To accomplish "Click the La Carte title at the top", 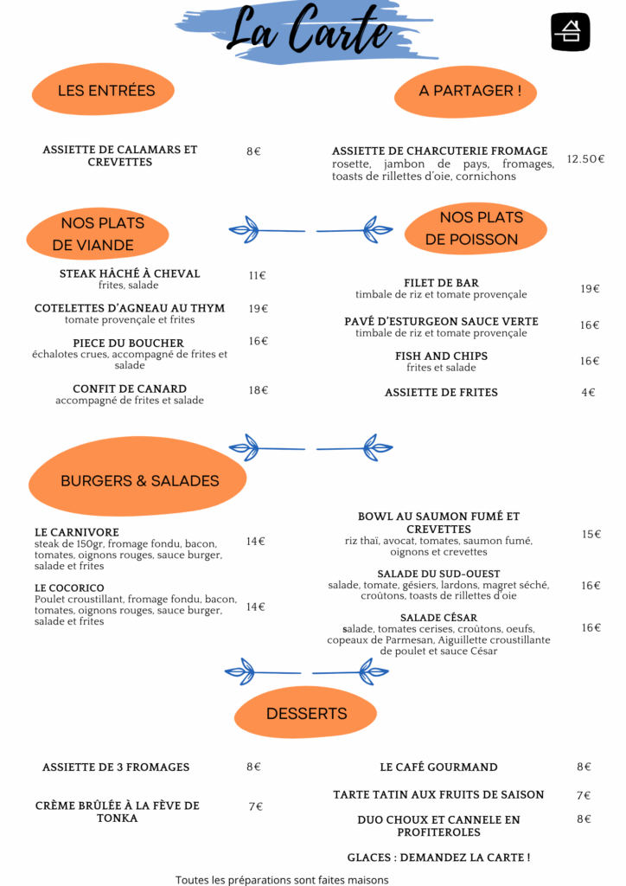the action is (310, 29).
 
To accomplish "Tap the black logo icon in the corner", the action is (570, 32).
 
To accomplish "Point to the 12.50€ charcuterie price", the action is (585, 159).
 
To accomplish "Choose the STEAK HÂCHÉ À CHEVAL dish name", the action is (130, 273).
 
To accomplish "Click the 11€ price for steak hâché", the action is (258, 275).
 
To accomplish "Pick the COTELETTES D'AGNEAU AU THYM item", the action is (130, 308).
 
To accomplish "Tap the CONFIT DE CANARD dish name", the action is (130, 388).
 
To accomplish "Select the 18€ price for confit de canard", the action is (259, 390).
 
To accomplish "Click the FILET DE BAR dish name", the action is (442, 283).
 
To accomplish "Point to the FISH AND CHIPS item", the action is (442, 356).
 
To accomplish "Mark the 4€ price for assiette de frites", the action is (588, 392).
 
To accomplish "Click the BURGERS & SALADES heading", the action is (140, 481).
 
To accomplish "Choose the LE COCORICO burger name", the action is (69, 587).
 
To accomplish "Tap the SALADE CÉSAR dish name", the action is (438, 618).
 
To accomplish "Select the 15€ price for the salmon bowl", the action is (591, 534).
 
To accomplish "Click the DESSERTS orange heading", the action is (306, 714).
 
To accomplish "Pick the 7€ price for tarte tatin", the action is (584, 795).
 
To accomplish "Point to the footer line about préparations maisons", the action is (282, 880).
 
